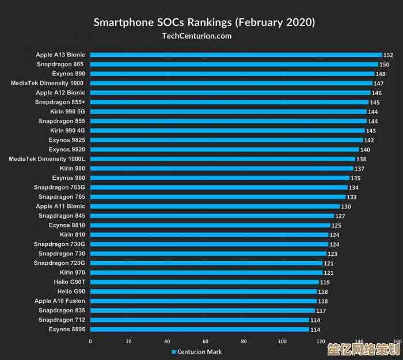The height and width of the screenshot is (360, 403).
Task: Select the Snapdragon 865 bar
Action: pos(234,65)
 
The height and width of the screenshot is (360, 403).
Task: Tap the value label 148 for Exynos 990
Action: pos(381,74)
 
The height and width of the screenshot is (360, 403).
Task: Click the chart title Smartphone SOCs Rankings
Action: pos(204,22)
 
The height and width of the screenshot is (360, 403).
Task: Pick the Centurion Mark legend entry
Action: pos(196,352)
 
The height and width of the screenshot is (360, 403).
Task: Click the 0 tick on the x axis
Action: pos(90,342)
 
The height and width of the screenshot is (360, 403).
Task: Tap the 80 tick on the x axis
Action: pos(244,342)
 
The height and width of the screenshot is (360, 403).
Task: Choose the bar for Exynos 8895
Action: pos(200,329)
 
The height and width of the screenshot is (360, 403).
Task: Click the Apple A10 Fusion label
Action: pos(60,301)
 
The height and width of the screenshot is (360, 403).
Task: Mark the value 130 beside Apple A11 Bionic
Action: pos(346,207)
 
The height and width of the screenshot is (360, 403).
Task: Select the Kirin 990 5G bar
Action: pos(229,112)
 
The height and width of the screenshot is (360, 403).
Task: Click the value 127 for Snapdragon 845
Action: pos(340,216)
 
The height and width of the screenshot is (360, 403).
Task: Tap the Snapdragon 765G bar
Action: pos(219,187)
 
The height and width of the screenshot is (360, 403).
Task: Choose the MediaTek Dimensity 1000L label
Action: pos(47,158)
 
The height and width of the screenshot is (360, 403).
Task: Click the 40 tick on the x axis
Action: pos(167,342)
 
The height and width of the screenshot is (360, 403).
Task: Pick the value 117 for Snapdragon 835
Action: pos(321,311)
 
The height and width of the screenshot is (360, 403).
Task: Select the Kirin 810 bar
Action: pos(210,234)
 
